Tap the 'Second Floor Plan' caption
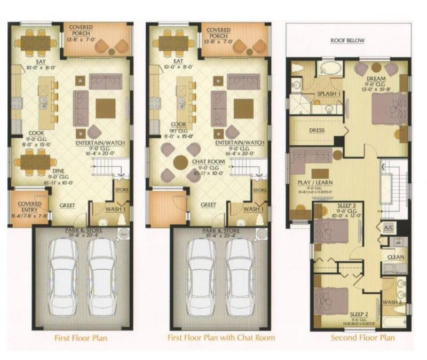click(x=363, y=338)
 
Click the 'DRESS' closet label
click(x=317, y=130)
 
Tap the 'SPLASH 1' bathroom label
click(x=329, y=93)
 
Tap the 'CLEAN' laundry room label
click(x=396, y=257)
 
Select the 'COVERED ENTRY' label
click(x=29, y=207)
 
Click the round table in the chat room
click(x=180, y=161)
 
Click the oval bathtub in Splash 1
click(x=332, y=68)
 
